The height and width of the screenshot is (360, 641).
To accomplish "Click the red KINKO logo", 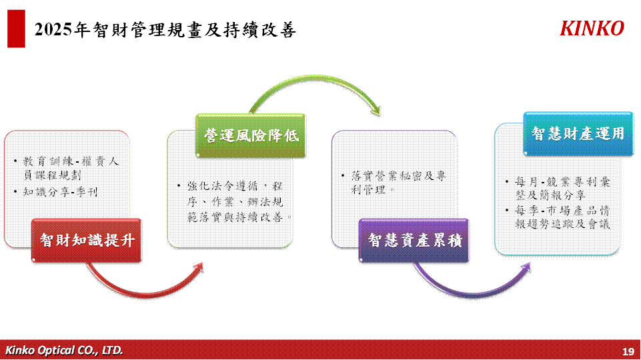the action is click(x=592, y=28).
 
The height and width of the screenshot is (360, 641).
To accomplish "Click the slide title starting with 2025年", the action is click(x=165, y=30).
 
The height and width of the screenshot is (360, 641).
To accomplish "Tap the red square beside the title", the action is click(x=17, y=29).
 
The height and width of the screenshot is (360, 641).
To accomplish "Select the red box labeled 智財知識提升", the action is click(x=86, y=240).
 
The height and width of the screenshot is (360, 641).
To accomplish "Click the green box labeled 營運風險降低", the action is click(x=251, y=135).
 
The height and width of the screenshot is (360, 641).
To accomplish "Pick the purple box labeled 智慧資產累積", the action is click(x=414, y=240).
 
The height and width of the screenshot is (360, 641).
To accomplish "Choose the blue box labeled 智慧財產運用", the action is click(x=578, y=133).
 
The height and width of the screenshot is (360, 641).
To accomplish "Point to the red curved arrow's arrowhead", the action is click(x=199, y=267).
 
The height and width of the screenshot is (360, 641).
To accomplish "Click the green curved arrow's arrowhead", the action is click(x=376, y=110).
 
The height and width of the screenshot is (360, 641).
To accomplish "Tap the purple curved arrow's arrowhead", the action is click(x=526, y=267).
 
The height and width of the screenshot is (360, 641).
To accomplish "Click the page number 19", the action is click(x=628, y=351).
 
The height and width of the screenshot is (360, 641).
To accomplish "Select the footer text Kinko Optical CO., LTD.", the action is click(x=64, y=350).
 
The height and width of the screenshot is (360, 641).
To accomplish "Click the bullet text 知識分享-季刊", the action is click(x=61, y=192).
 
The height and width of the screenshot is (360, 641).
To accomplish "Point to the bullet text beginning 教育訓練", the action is click(x=71, y=169).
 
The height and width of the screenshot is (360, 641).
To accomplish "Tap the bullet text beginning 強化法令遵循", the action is click(x=239, y=201).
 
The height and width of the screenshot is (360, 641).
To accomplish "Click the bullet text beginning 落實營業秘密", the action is click(x=398, y=183).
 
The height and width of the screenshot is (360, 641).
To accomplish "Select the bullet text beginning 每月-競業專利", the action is click(x=562, y=188).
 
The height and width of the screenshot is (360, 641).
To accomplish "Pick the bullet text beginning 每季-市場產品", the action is click(x=562, y=217).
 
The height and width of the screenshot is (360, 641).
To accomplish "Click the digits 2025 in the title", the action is click(x=53, y=30).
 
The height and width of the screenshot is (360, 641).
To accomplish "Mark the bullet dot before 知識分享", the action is click(x=15, y=191).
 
